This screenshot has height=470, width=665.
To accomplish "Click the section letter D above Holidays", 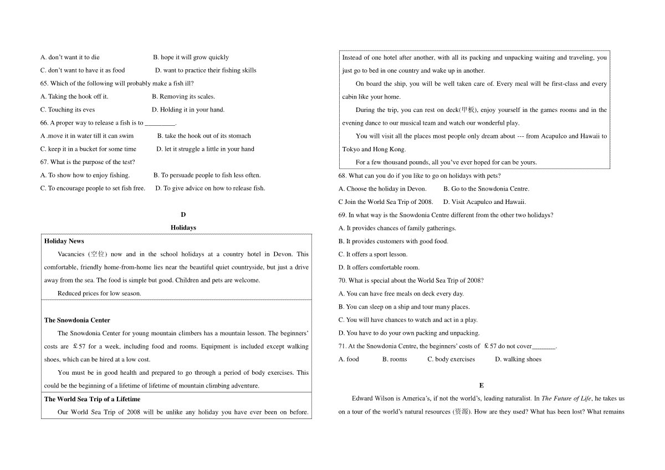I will tap(183, 214).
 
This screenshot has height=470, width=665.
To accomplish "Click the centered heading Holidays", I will tap(183, 228).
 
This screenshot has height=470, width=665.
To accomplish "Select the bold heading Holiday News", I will tap(64, 241).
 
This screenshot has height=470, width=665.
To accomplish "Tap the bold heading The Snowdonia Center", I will tap(77, 320).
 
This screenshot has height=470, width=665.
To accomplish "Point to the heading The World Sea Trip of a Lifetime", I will tap(92, 399).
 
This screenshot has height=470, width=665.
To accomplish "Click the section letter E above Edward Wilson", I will tap(481, 385).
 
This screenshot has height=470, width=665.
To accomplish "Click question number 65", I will tap(44, 84).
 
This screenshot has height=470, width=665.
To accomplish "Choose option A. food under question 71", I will tap(349, 359).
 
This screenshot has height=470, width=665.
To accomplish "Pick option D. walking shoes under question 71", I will tap(518, 359).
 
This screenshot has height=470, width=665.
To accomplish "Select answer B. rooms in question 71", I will tap(394, 359).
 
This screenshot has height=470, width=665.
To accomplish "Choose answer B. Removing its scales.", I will tap(183, 96).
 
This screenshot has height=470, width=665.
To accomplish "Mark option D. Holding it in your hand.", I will tap(188, 110).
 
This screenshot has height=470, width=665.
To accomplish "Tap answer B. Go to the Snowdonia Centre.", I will tap(485, 189).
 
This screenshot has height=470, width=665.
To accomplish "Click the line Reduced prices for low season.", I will tap(99, 294).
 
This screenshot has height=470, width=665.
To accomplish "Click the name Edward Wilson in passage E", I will tap(372, 399).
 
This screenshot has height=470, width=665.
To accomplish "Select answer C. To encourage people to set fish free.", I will tap(93, 188).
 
